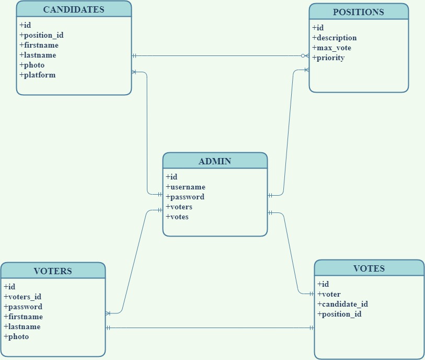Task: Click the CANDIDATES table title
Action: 74,9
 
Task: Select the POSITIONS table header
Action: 359,12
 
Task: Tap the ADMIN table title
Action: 215,161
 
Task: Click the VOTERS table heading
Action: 53,271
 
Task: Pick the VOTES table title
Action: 369,268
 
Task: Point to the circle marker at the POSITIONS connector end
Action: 303,55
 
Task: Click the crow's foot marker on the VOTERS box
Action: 108,313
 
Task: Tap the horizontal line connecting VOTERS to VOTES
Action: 209,328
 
